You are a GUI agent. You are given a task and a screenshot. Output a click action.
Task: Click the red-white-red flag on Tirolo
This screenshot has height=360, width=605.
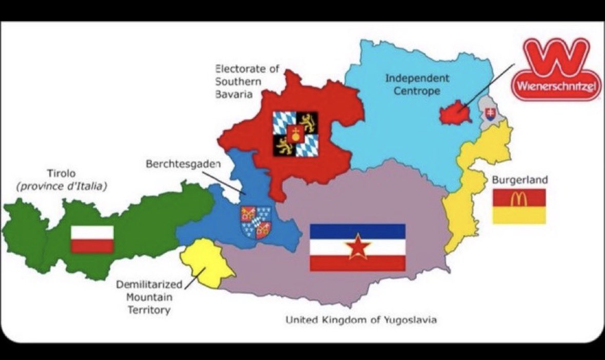tap(92, 239)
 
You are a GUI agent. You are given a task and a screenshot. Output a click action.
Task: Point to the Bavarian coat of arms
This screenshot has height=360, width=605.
tap(296, 134)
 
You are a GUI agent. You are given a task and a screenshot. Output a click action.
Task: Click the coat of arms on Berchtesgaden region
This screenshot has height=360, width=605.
tap(255, 222)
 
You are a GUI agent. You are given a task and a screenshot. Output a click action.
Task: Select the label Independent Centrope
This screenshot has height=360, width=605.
tap(417, 85)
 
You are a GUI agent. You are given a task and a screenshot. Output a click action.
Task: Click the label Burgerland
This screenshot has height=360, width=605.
tap(519, 180)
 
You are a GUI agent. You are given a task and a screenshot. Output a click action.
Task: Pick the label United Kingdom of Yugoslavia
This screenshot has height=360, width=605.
tap(361, 321)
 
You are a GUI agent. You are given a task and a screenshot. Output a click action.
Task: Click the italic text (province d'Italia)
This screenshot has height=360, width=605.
tap(62, 187)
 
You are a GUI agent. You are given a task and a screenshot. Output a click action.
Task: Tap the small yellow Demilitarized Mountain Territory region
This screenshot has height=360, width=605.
tap(202, 263)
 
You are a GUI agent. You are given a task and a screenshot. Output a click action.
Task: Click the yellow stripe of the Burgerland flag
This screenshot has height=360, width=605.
tap(519, 215)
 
